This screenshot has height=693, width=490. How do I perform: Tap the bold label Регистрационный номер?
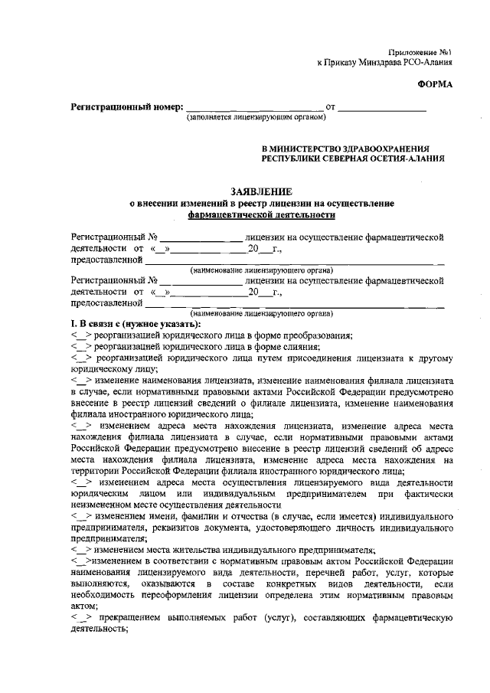pos(126,106)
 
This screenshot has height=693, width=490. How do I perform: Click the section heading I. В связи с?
pos(100,325)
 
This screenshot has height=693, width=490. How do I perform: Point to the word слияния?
pos(296,346)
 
